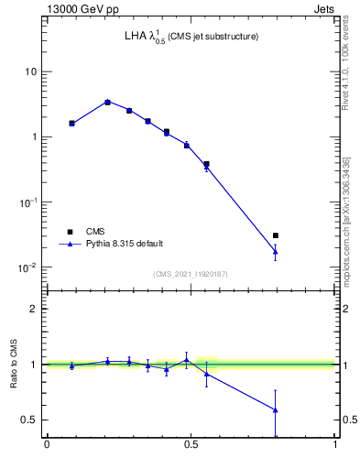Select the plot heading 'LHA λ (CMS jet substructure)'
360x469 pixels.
pyautogui.click(x=191, y=38)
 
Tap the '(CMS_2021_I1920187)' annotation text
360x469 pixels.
pyautogui.click(x=190, y=274)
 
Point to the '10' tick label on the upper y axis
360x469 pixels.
pyautogui.click(x=31, y=71)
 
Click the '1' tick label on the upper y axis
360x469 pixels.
pyautogui.click(x=34, y=137)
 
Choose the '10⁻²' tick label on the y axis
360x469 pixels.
pyautogui.click(x=29, y=267)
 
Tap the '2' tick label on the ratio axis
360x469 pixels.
pyautogui.click(x=35, y=310)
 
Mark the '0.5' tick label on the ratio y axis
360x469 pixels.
pyautogui.click(x=30, y=420)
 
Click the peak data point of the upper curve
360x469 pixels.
pyautogui.click(x=107, y=102)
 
